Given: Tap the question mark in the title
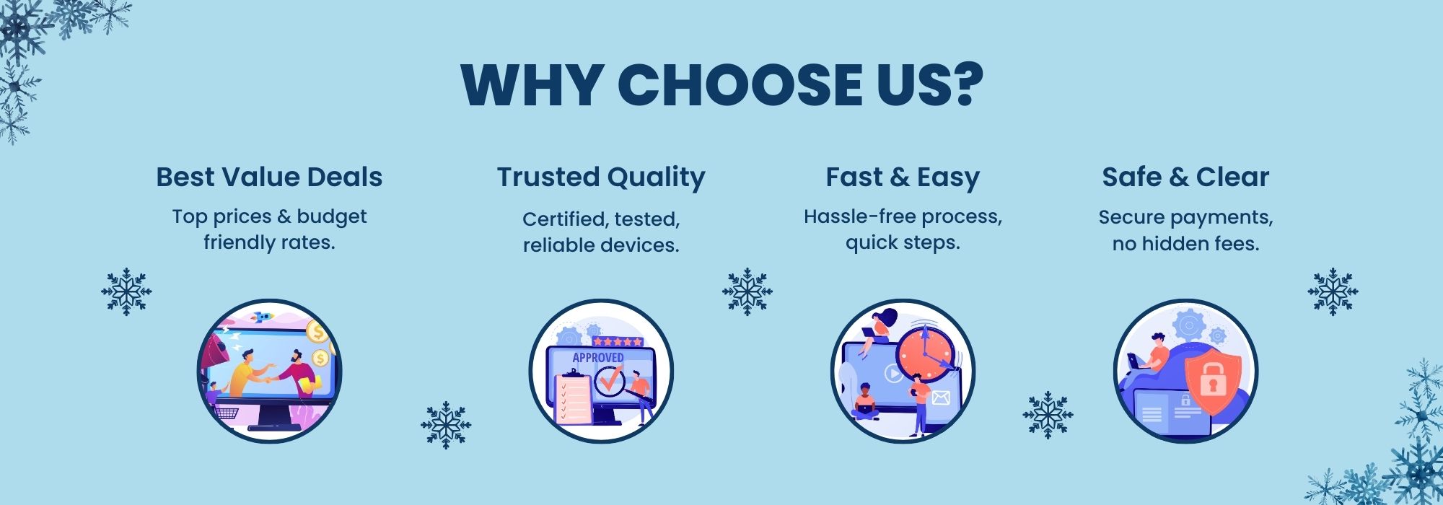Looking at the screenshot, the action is pyautogui.click(x=965, y=85).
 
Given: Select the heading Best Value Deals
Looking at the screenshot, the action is pyautogui.click(x=269, y=177).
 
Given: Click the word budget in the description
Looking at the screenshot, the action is pyautogui.click(x=332, y=216).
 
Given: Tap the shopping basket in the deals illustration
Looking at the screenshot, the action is pyautogui.click(x=227, y=413).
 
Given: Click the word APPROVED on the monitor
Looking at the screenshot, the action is pyautogui.click(x=597, y=358).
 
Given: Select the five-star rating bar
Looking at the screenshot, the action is pyautogui.click(x=617, y=341).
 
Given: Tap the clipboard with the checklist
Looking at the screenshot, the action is pyautogui.click(x=571, y=398).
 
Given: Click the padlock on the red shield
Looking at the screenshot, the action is pyautogui.click(x=1212, y=382).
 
